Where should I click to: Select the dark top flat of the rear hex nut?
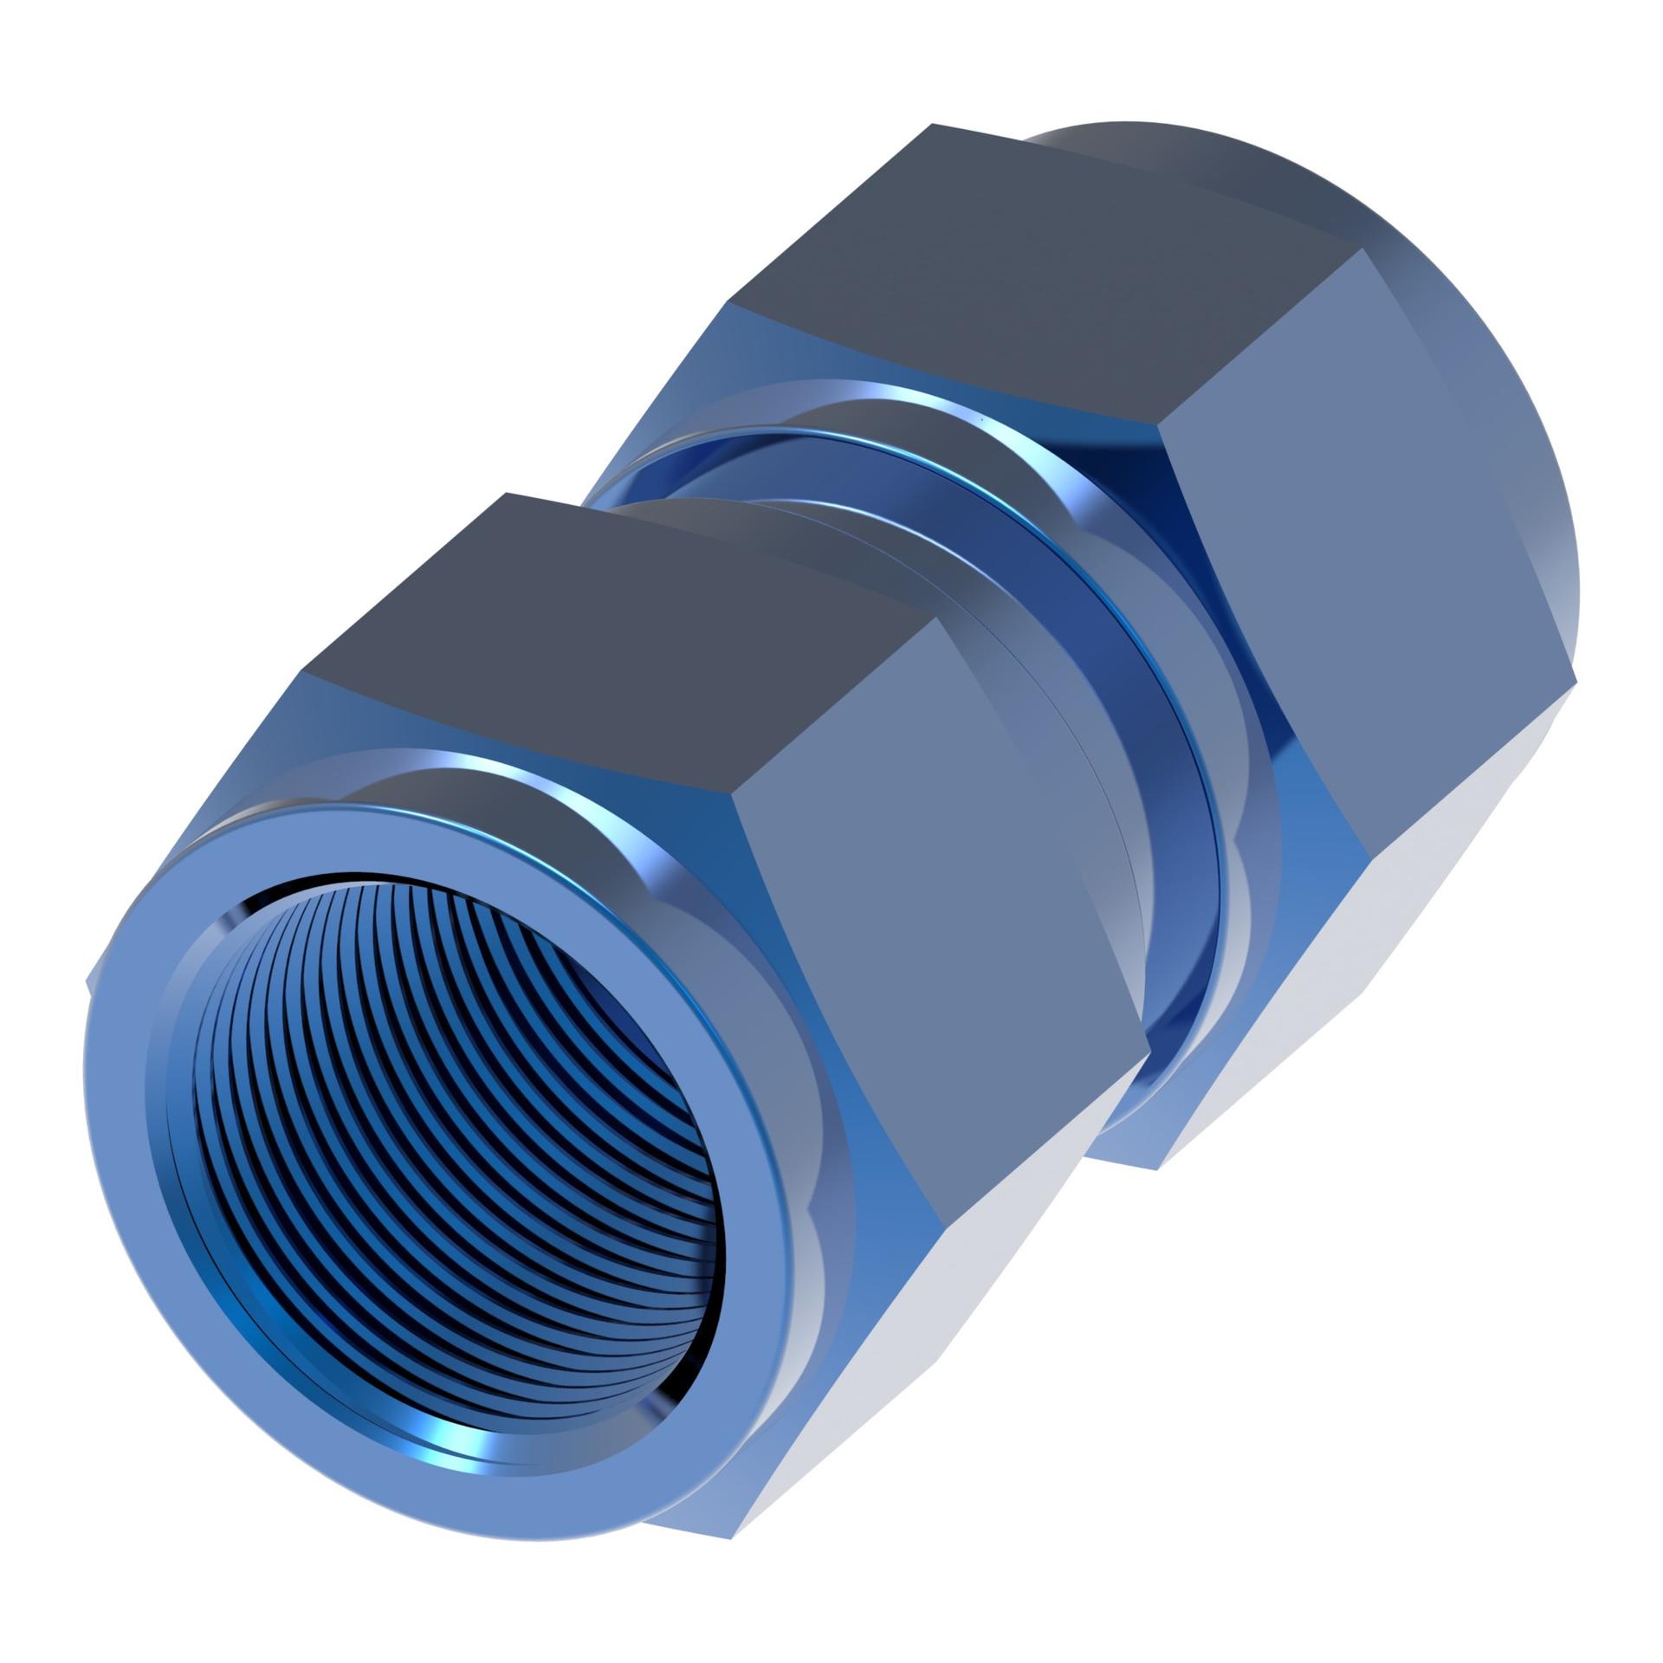1039,277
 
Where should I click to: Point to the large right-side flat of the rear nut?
1369,563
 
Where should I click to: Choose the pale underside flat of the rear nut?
1351,953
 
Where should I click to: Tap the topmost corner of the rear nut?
932,125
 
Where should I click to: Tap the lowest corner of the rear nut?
1158,1169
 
